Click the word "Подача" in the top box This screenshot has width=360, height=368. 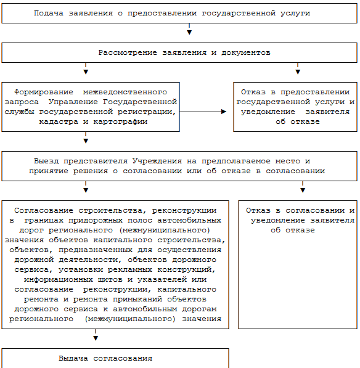tap(49, 13)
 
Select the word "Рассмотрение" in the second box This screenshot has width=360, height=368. tap(128, 52)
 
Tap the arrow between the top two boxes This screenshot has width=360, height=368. tap(189, 29)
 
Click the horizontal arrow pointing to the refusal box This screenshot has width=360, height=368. tap(203, 112)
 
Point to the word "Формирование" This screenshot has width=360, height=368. tap(44, 92)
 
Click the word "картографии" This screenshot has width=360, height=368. tap(120, 122)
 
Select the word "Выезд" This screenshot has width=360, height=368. tap(46, 161)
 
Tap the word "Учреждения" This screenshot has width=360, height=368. tap(157, 161)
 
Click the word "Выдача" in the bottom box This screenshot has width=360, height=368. tap(73, 358)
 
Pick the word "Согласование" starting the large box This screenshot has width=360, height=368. tap(44, 210)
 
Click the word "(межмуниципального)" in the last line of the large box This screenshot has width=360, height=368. tap(130, 319)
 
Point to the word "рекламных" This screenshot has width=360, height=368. tap(130, 269)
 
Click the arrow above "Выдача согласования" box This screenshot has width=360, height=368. tap(96, 335)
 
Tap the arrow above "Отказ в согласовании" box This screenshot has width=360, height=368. tap(303, 187)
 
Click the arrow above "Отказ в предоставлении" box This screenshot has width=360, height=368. tap(298, 68)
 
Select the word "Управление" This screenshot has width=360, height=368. tap(73, 102)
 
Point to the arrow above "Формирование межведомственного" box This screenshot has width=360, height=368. tap(86, 68)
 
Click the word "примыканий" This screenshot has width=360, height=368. tap(137, 299)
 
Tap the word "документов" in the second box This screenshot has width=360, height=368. tap(246, 52)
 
